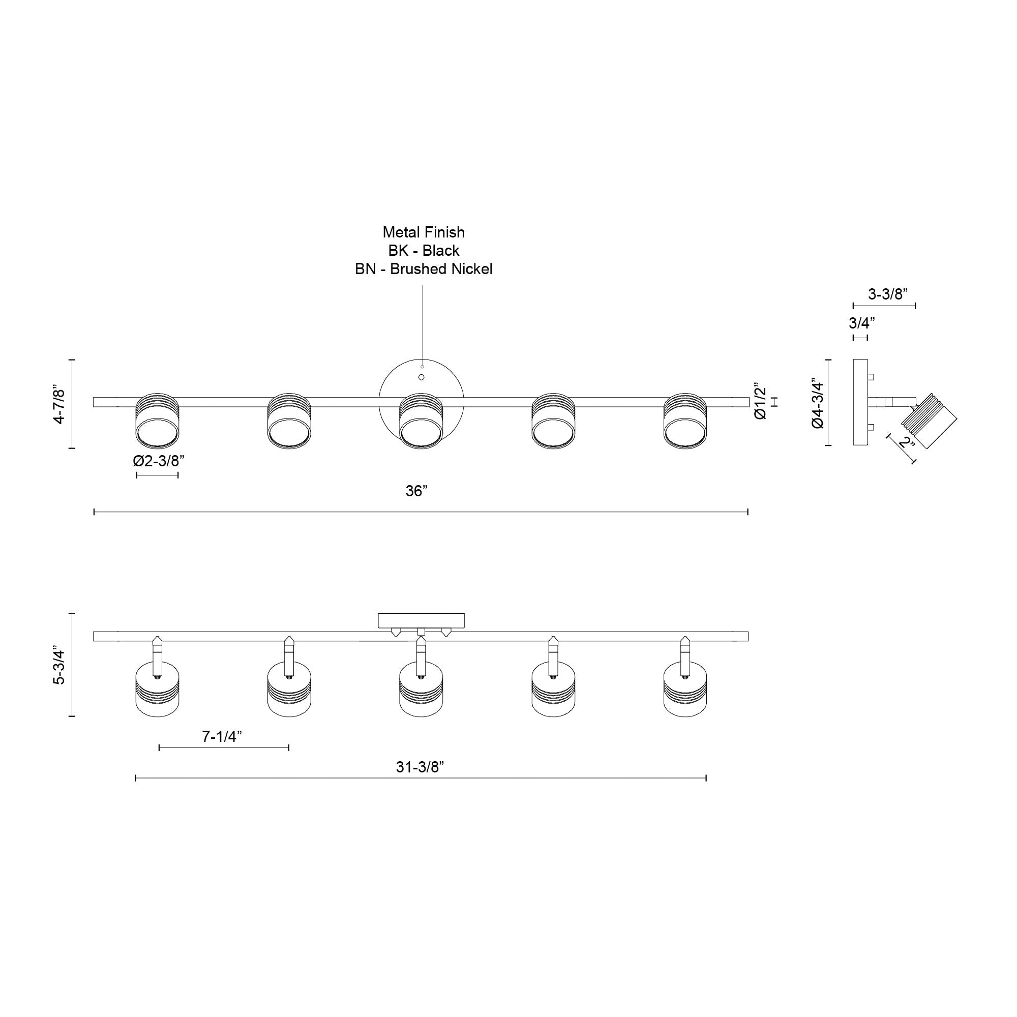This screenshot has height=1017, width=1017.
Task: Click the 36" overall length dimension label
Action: pyautogui.click(x=416, y=491)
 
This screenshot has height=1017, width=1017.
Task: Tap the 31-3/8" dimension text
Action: pyautogui.click(x=420, y=767)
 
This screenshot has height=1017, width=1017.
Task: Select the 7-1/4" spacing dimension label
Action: pyautogui.click(x=222, y=736)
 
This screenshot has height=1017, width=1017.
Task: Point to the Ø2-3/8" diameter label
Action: pyautogui.click(x=159, y=461)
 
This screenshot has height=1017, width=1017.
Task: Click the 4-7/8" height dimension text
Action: pyautogui.click(x=59, y=404)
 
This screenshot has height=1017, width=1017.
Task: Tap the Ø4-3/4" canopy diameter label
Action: pyautogui.click(x=818, y=403)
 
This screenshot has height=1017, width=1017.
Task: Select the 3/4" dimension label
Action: pyautogui.click(x=862, y=322)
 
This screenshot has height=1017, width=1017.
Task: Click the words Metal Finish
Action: pyautogui.click(x=423, y=232)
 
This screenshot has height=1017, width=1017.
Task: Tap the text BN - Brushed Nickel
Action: pyautogui.click(x=423, y=269)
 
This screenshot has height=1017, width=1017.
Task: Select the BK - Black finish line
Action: pyautogui.click(x=423, y=251)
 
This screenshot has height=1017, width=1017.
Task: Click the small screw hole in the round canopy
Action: pyautogui.click(x=421, y=377)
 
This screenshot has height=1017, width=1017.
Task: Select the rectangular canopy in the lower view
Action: pyautogui.click(x=421, y=620)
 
